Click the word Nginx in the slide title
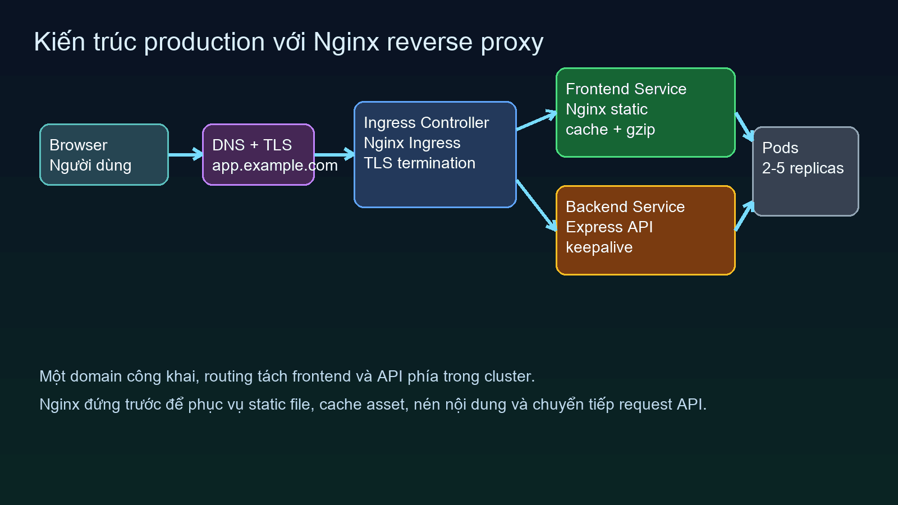346,43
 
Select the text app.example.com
274,166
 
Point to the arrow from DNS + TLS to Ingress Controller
334,154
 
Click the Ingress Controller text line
426,123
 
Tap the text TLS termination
419,163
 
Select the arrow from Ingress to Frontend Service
536,121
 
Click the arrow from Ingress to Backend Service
536,205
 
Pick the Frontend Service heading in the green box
626,89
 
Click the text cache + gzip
610,130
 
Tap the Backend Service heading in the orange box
625,207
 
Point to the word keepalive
599,247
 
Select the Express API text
609,227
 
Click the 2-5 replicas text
803,168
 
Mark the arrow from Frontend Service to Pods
744,127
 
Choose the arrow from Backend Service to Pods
744,216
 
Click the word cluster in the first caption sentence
507,377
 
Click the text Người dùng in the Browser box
90,166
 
